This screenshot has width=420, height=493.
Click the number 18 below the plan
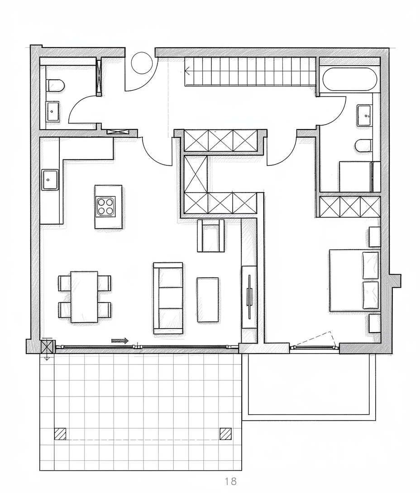pos(230,481)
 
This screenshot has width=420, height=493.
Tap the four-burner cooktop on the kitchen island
pos(106,206)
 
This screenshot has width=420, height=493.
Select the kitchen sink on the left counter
pos(50,180)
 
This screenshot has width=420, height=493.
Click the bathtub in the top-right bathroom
pos(350,78)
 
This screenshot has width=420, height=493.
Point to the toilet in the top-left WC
pos(55,85)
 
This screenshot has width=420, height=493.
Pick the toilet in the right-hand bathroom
pos(364,145)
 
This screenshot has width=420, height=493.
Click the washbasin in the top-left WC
pos(52,111)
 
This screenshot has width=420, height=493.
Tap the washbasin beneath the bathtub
pos(364,116)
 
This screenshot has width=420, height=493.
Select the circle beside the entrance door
pos(142,63)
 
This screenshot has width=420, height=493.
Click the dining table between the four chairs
pos(84,297)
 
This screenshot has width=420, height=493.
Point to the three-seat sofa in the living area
pos(168,298)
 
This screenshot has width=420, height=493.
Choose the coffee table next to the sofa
pos(208,300)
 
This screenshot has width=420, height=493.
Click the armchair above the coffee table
pos(211,236)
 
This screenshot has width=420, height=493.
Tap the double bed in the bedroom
pos(355,280)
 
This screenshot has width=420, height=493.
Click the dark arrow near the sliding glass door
pos(120,340)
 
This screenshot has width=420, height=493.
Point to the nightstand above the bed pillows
pos(374,237)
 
